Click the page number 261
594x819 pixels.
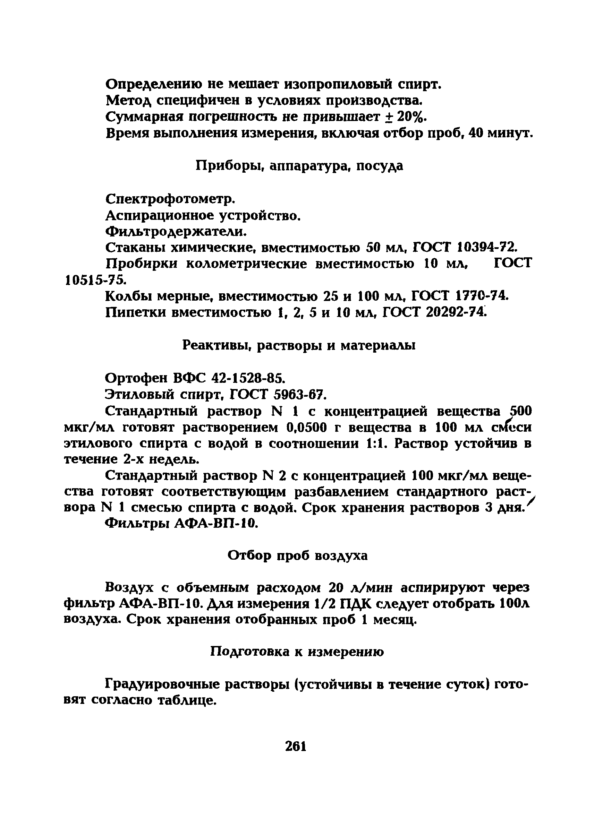pyautogui.click(x=296, y=746)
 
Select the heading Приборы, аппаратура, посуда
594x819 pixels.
pyautogui.click(x=299, y=166)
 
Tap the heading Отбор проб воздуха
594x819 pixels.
pyautogui.click(x=297, y=556)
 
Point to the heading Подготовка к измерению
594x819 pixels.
pyautogui.click(x=297, y=652)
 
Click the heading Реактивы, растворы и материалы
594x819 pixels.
pyautogui.click(x=298, y=346)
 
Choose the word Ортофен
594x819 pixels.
pyautogui.click(x=136, y=378)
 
